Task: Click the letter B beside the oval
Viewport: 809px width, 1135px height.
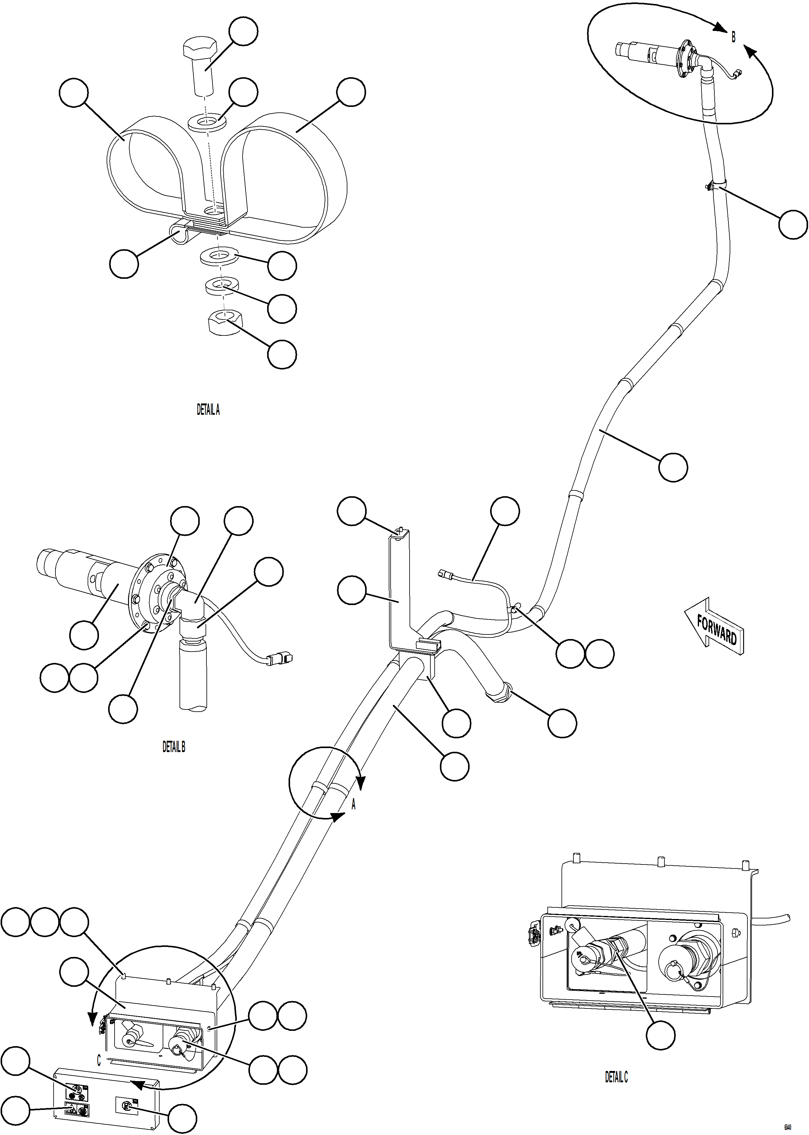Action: click(733, 37)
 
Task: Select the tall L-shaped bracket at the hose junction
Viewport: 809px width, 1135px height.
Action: click(399, 593)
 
